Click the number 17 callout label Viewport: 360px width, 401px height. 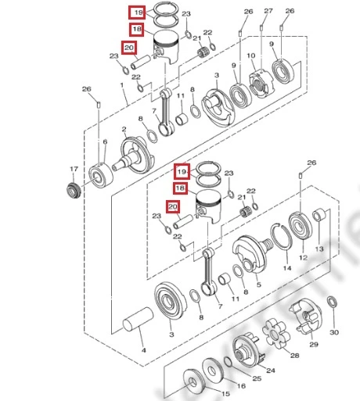click(74, 169)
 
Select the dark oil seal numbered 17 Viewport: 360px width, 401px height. click(74, 191)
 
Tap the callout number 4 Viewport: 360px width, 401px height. click(144, 350)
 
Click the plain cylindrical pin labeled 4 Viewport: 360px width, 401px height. click(138, 320)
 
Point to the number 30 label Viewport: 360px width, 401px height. click(334, 332)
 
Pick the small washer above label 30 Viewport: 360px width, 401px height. click(332, 302)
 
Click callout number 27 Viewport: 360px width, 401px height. click(268, 11)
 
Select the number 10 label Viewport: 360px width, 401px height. click(251, 55)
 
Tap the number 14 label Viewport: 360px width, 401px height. click(287, 267)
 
